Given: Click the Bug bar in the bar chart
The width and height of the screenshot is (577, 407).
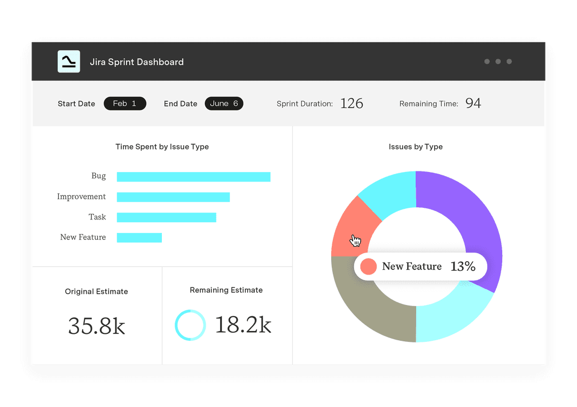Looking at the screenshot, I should tap(193, 177).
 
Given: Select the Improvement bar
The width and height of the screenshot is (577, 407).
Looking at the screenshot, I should tap(173, 197).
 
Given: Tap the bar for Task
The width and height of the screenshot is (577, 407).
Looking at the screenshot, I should tap(166, 217).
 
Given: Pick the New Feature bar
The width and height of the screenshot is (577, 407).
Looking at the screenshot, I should tap(139, 238).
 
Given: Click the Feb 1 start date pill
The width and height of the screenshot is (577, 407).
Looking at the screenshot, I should tap(124, 104).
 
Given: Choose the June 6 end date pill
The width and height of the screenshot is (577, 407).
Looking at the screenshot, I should tap(224, 104).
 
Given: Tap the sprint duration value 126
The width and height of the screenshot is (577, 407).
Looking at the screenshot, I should tap(352, 104).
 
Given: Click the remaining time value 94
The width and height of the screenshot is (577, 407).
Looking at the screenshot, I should tap(473, 103).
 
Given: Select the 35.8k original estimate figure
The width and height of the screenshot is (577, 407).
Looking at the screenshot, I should tap(97, 326).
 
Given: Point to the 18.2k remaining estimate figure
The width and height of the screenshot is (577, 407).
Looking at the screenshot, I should tap(243, 325).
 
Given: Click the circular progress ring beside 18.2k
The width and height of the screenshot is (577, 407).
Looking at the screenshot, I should tap(190, 325).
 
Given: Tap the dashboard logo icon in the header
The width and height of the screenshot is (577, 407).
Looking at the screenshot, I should tap(69, 61).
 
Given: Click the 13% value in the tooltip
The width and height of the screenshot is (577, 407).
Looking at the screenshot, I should tap(463, 267).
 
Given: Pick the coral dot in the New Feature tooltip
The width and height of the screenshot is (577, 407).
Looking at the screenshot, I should tap(368, 267).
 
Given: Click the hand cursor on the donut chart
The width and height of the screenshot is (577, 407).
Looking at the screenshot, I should tap(355, 241).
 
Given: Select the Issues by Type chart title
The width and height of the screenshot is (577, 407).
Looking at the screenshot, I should tap(416, 147).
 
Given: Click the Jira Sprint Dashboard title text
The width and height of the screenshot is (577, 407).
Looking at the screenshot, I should tap(137, 62).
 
